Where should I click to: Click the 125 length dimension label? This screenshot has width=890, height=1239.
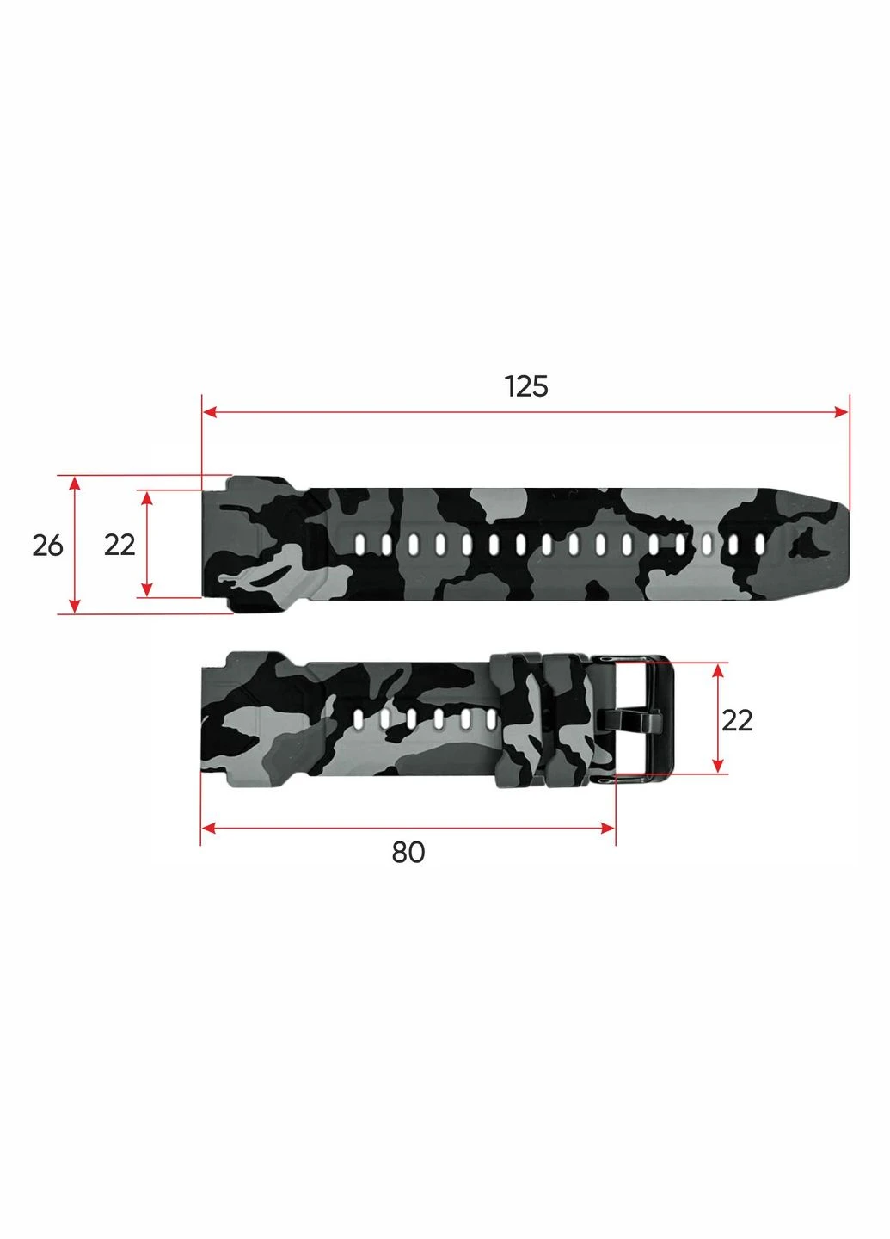click(x=526, y=386)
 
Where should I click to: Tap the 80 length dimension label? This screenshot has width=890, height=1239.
click(x=408, y=853)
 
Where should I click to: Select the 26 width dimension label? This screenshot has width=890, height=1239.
click(x=47, y=546)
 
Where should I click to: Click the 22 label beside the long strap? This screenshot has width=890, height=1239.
click(x=120, y=546)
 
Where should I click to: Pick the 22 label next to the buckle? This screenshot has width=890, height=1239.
click(x=737, y=721)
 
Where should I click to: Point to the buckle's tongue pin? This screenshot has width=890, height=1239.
click(x=629, y=719)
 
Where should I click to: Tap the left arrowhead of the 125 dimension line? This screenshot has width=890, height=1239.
click(x=209, y=412)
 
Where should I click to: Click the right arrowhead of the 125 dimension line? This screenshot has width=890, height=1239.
click(x=842, y=412)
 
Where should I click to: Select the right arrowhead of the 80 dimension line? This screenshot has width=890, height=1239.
click(x=607, y=828)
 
